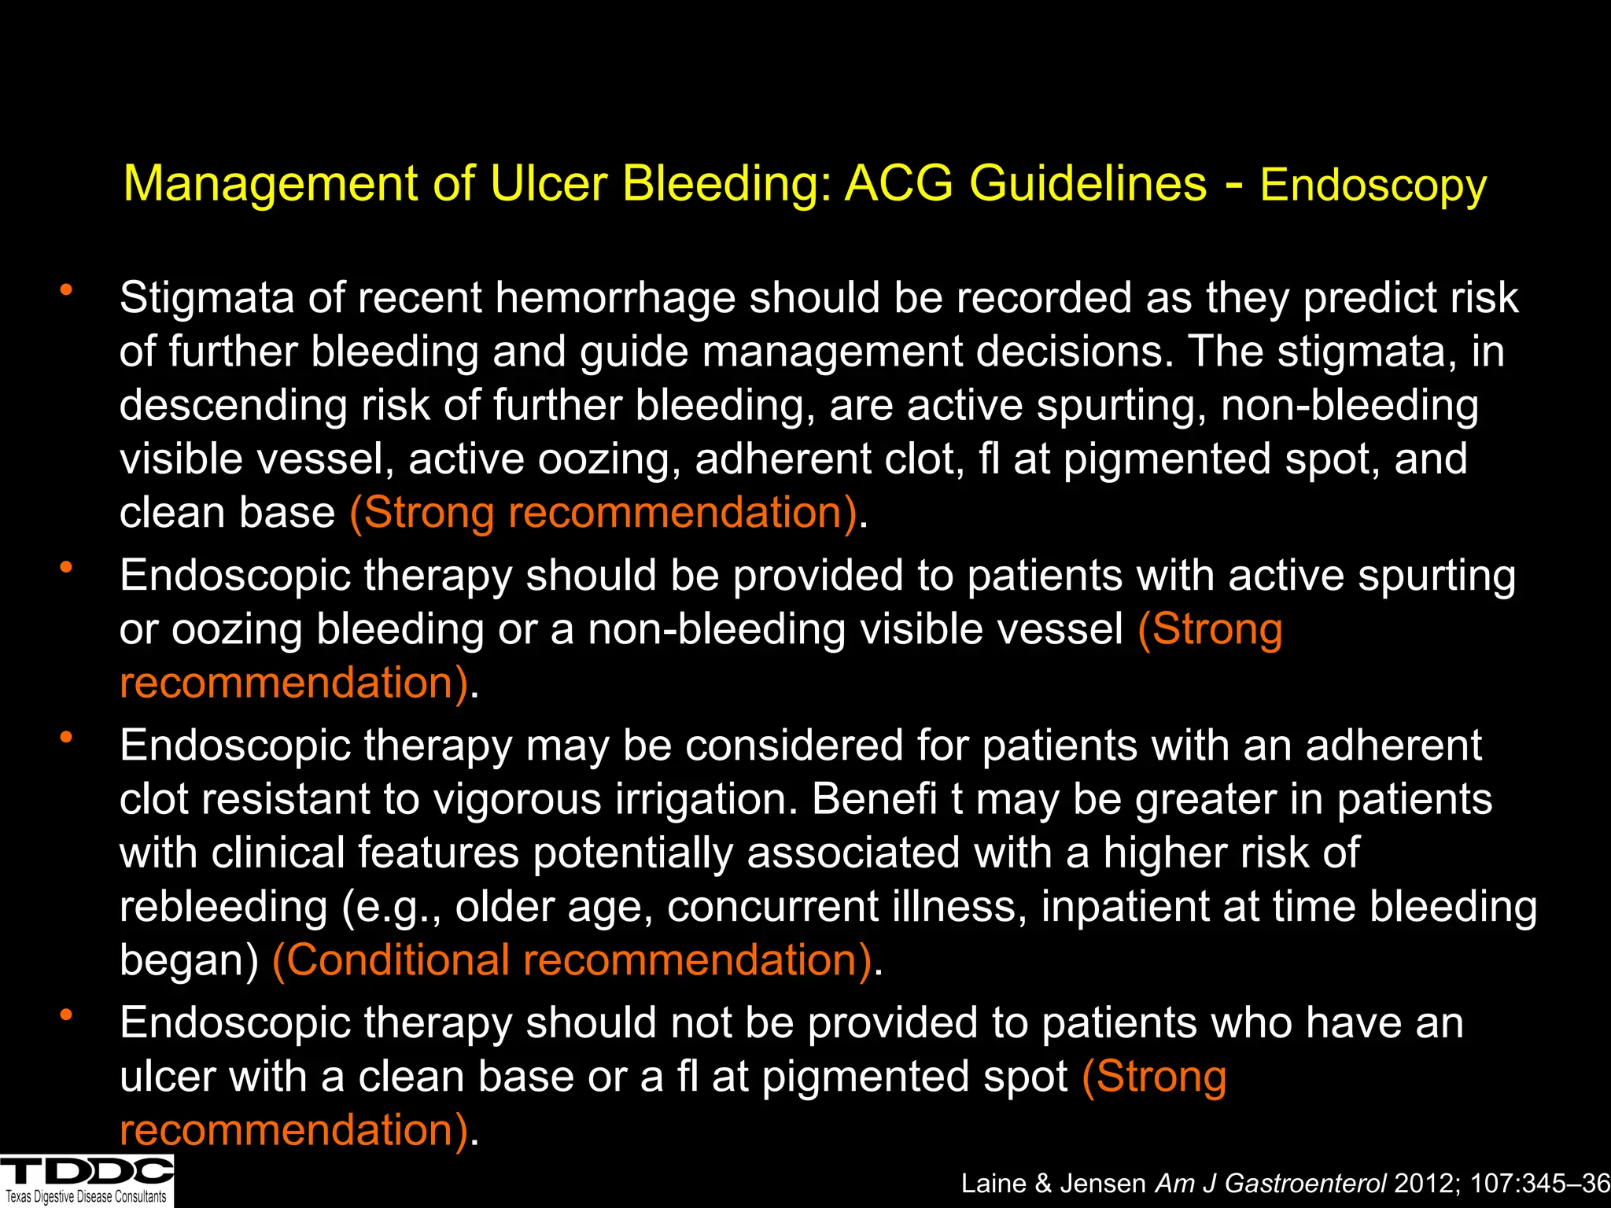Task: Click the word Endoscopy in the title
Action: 1373,186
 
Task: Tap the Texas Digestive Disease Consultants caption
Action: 87,1197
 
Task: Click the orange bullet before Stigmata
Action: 66,289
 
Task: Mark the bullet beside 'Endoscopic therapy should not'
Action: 66,1015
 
